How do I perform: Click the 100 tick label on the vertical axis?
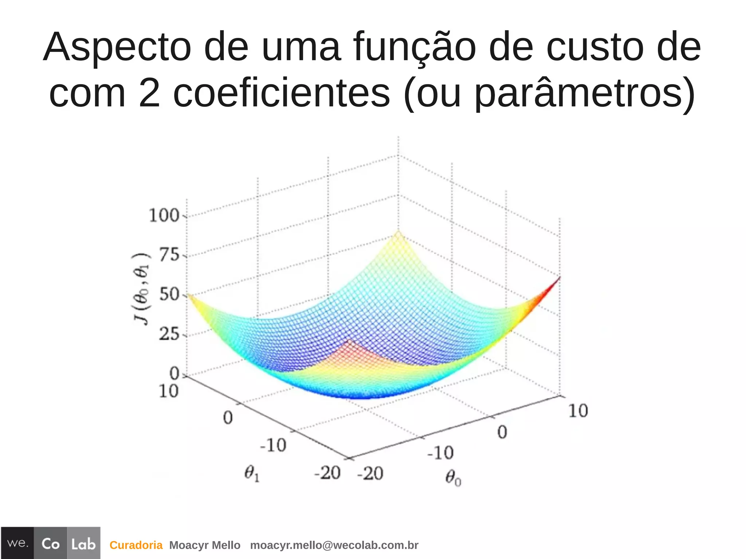pyautogui.click(x=164, y=216)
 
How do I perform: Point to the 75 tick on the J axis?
pyautogui.click(x=170, y=255)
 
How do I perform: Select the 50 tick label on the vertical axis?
pyautogui.click(x=170, y=295)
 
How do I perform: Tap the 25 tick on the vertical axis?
pyautogui.click(x=169, y=334)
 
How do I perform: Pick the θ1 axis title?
pyautogui.click(x=252, y=474)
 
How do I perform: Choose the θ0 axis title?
pyautogui.click(x=453, y=477)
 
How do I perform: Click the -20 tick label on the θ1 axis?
pyautogui.click(x=327, y=473)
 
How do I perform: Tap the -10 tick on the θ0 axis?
pyautogui.click(x=440, y=453)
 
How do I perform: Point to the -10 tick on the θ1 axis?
pyautogui.click(x=273, y=445)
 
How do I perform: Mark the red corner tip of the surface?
pyautogui.click(x=558, y=279)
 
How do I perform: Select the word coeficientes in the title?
pyautogui.click(x=282, y=93)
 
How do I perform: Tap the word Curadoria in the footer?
pyautogui.click(x=136, y=545)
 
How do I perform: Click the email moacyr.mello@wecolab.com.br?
pyautogui.click(x=334, y=545)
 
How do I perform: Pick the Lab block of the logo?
pyautogui.click(x=83, y=544)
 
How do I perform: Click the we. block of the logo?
pyautogui.click(x=17, y=543)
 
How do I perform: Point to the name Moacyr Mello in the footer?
pyautogui.click(x=205, y=545)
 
